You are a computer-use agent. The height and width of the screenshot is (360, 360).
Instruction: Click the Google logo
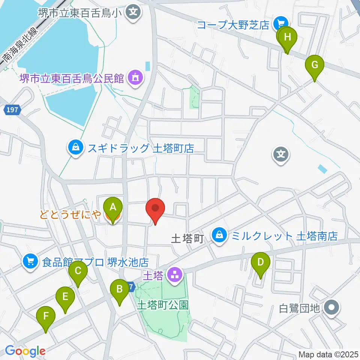(x=25, y=351)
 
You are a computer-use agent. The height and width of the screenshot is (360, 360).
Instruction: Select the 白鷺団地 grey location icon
(x=332, y=308)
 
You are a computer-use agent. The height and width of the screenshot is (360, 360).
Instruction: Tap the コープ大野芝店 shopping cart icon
(x=279, y=24)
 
